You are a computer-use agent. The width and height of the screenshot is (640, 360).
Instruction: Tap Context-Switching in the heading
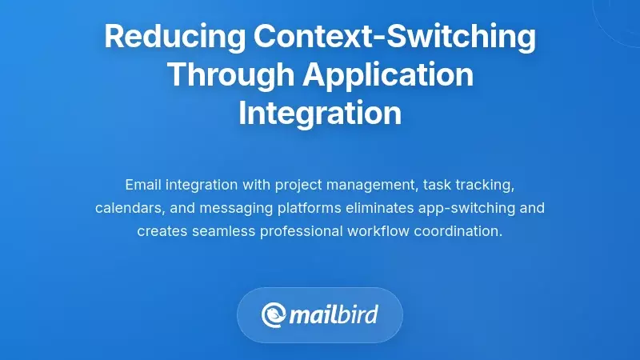click(x=395, y=37)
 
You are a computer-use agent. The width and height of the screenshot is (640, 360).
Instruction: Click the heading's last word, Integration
click(x=320, y=113)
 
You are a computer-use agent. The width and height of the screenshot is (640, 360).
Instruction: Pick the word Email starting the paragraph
click(x=143, y=185)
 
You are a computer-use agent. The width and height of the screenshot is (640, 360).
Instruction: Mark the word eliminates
click(x=374, y=208)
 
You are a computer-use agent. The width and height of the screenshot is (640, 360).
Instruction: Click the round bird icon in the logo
click(x=274, y=315)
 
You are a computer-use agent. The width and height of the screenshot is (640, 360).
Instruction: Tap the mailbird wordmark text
click(x=334, y=314)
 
